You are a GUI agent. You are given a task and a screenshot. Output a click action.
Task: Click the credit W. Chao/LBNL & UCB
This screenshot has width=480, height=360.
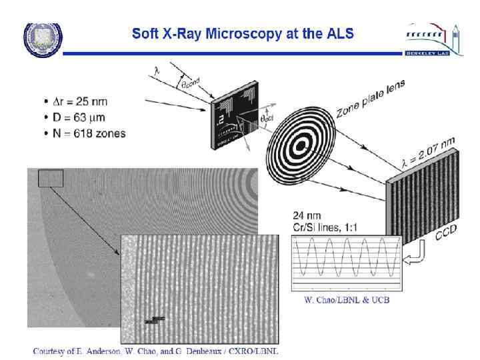(342, 300)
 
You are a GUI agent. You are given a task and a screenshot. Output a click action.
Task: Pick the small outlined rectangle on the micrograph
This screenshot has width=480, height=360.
(51, 178)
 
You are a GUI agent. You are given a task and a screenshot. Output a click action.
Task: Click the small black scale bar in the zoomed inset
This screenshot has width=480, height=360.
(155, 320)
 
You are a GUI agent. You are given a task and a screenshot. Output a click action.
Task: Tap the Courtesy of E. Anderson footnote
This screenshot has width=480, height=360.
(154, 351)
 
